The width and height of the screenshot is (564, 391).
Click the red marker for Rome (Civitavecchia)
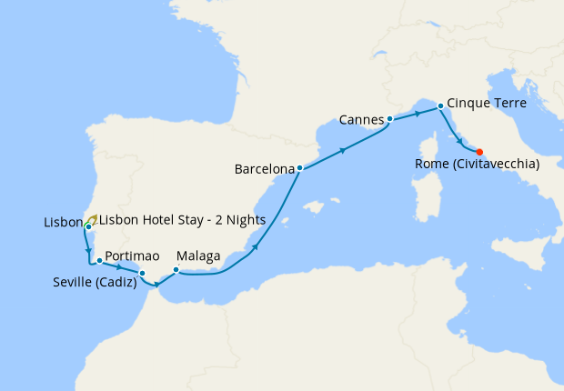[x=479, y=152]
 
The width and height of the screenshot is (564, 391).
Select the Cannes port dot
[x=389, y=119]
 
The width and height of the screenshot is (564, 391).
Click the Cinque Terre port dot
[x=440, y=105]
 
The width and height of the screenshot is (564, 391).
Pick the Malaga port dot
[x=176, y=269]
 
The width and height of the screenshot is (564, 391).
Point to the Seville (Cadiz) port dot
[x=142, y=273]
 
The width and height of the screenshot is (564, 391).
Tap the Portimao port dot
[x=98, y=261]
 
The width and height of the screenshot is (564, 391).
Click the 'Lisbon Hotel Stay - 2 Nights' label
[x=182, y=220]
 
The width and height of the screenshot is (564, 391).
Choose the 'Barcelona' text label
[x=264, y=169]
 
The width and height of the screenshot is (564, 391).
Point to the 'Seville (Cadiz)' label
[x=95, y=282]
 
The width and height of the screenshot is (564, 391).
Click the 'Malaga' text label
[x=198, y=257]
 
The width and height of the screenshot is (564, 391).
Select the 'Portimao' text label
[x=127, y=256]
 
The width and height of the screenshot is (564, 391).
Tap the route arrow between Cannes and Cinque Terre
[x=418, y=113]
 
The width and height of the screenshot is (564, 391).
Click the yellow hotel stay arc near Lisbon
[x=94, y=218]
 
